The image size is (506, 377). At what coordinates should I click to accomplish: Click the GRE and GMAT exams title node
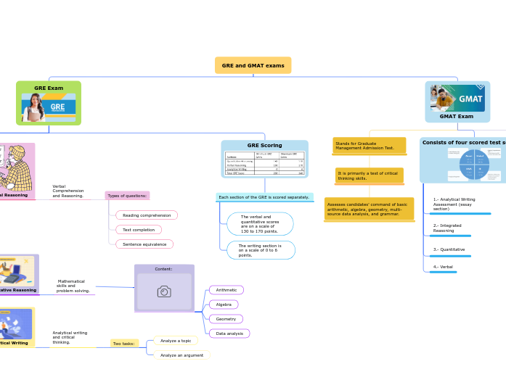point(253,65)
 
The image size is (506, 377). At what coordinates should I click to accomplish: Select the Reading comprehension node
point(147,215)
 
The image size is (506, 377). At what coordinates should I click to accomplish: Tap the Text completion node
point(139,230)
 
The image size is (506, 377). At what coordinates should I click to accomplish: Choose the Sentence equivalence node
point(144,244)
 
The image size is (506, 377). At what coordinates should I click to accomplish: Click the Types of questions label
point(127,196)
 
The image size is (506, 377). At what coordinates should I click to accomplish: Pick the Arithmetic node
point(227,290)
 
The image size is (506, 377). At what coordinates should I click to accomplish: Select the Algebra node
point(224,304)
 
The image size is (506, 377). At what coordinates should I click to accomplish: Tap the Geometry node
point(226,319)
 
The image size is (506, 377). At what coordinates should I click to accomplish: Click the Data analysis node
point(229,333)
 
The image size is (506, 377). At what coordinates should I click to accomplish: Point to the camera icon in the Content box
point(164,291)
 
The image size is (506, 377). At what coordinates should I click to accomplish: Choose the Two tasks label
point(124,344)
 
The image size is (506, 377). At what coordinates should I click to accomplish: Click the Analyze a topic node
point(176,341)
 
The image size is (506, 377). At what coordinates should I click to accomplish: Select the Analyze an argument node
point(181,355)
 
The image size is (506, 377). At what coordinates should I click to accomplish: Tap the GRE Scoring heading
point(264,146)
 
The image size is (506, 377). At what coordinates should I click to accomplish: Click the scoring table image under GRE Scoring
point(264,163)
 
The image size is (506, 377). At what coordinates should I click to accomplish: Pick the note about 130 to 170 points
point(260,224)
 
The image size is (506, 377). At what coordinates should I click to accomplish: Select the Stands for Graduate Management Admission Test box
point(370,146)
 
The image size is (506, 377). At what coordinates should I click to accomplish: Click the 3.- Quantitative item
point(449,249)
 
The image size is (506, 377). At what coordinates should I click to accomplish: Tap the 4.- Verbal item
point(443,267)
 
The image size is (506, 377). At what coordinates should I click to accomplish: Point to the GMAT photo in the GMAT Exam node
point(457,99)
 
